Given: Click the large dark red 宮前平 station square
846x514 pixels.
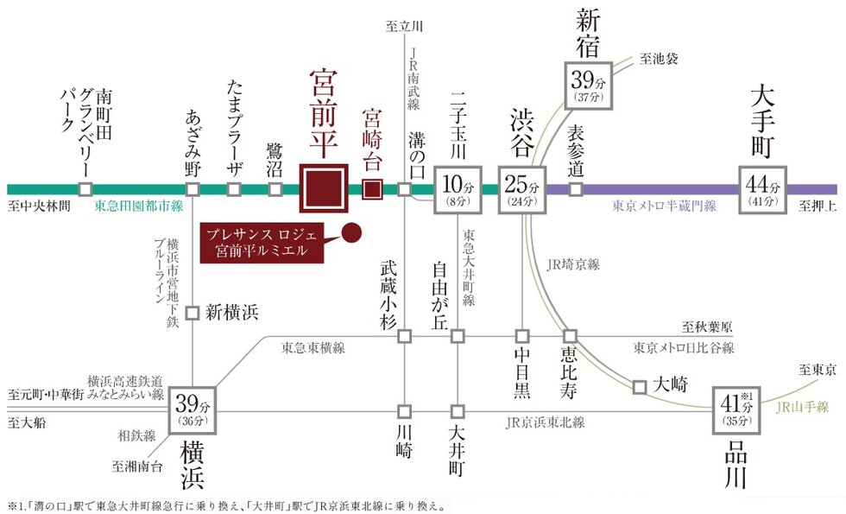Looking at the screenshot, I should coord(323,187).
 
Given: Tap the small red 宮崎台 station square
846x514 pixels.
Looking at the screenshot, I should coord(372,188).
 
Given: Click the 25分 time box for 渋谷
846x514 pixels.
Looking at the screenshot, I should coord(522,189).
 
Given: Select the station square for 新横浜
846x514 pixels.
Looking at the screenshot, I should coord(193,312).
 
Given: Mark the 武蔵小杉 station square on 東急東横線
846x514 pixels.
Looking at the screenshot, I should coord(404,335).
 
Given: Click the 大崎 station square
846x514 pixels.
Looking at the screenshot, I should coord(640,386).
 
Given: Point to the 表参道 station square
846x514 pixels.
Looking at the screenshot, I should coord(577,189).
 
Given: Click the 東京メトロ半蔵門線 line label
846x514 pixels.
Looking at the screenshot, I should coord(664,206).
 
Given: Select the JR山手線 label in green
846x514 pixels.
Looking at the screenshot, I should coord(800,407).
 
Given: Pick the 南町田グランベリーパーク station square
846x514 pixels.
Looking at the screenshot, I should coord(85,189).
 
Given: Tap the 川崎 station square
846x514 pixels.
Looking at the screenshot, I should coord(404,411).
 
